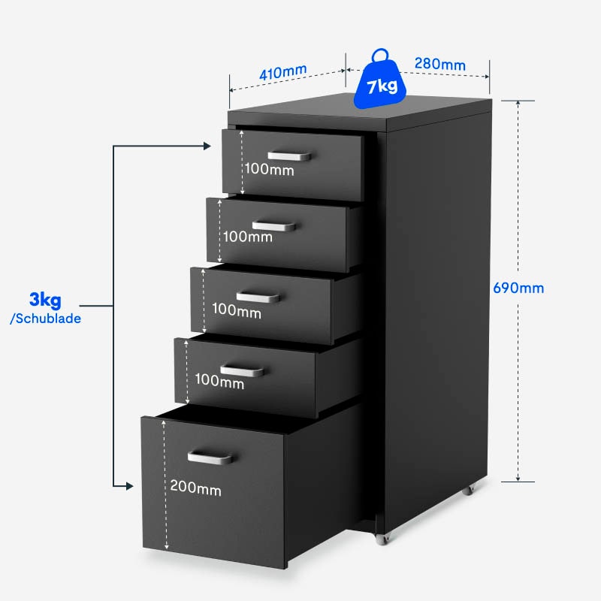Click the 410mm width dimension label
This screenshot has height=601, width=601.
[283, 73]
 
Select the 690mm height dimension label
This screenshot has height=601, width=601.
[518, 288]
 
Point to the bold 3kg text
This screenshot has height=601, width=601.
[46, 301]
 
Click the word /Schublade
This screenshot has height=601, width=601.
[46, 318]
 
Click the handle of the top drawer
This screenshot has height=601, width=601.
[289, 156]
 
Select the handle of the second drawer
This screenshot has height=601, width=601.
[273, 225]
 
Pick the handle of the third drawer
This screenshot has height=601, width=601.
[258, 297]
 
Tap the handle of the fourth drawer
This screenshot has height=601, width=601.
[242, 370]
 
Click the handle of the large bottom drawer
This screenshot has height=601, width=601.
[210, 457]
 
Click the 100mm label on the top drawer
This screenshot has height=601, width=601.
[269, 170]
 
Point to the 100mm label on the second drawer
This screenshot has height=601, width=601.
[247, 237]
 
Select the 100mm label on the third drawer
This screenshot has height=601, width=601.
[236, 309]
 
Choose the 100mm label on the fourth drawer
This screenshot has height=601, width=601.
[219, 382]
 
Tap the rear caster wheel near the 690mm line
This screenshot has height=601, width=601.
[468, 489]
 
